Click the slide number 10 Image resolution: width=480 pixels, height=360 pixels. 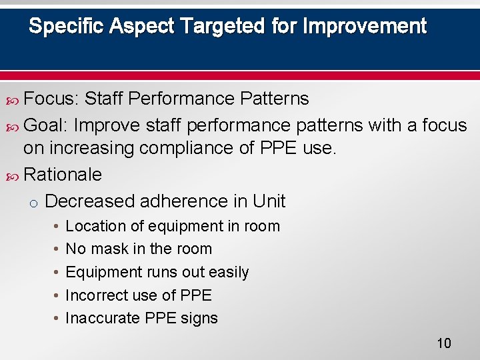coord(444,343)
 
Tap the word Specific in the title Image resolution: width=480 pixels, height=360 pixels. coord(67,27)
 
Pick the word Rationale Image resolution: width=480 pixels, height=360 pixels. coord(63,175)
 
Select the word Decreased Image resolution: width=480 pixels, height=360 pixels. coord(88,201)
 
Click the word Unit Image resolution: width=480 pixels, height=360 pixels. coord(269,201)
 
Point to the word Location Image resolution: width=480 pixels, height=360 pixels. coord(95,226)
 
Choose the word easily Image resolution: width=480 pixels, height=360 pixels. coord(227,272)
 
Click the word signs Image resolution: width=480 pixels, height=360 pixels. coord(199,318)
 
